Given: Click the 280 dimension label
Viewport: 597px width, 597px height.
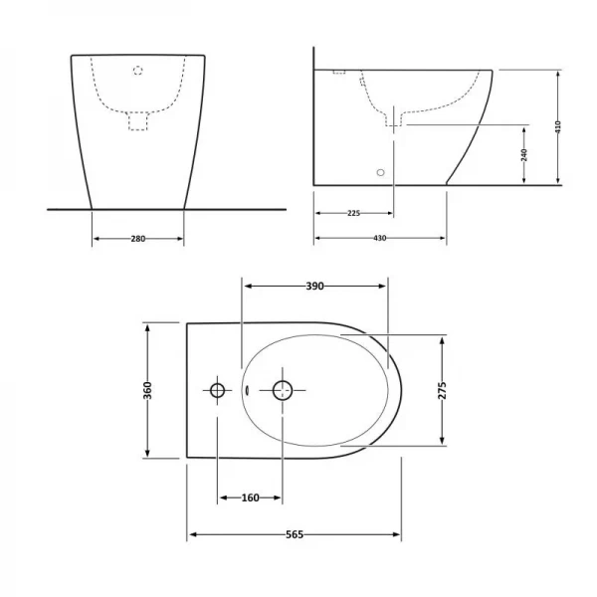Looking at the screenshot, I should click(137, 239).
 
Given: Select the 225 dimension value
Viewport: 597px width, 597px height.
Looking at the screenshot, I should click(352, 212).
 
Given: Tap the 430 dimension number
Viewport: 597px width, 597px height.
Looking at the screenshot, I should click(379, 239).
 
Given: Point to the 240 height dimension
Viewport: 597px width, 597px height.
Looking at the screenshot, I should click(523, 154).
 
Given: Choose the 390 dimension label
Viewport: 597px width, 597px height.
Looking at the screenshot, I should click(314, 286).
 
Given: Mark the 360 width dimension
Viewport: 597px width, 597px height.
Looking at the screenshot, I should click(147, 389).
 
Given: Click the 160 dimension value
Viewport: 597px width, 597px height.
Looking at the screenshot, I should click(250, 497).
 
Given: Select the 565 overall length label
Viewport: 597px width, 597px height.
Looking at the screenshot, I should click(294, 534).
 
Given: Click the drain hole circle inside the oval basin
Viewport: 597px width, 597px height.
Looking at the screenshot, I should click(284, 389).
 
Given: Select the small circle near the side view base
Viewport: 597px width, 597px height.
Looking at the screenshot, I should click(379, 171).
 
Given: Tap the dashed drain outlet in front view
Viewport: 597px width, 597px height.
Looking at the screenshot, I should click(138, 121).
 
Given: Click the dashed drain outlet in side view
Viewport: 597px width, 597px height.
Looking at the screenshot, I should click(395, 119).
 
